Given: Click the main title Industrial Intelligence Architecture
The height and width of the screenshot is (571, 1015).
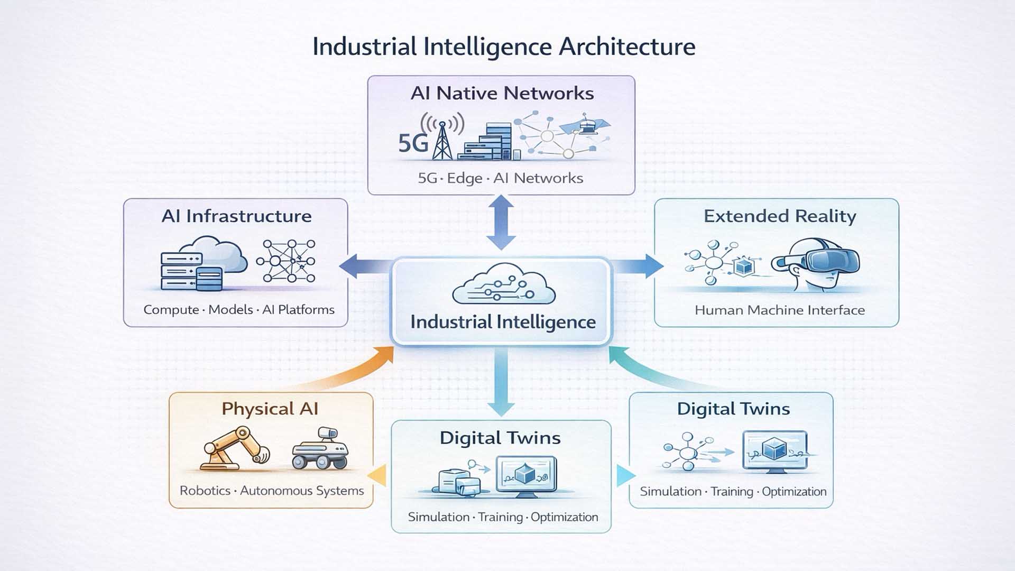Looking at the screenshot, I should tap(503, 47).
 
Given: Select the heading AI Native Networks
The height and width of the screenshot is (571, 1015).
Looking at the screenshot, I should tap(502, 94).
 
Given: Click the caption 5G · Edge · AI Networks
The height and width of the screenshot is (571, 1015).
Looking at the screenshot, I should tap(500, 178).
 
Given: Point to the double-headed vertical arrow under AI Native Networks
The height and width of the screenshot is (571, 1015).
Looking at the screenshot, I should tap(501, 222).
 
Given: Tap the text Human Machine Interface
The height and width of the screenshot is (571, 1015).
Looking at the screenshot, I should tap(779, 310).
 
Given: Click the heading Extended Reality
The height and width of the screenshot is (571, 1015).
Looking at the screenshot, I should tap(779, 216).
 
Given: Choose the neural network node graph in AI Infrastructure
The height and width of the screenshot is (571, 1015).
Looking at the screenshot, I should tap(286, 261).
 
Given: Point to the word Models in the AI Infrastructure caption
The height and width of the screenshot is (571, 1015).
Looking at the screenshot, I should tap(230, 310).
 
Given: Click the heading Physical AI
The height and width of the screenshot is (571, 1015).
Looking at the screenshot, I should tap(270, 409).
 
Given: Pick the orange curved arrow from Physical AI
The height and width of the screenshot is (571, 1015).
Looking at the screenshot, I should tap(349, 376).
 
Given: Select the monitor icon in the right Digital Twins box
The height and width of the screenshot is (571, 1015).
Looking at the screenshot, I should tap(774, 451).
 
